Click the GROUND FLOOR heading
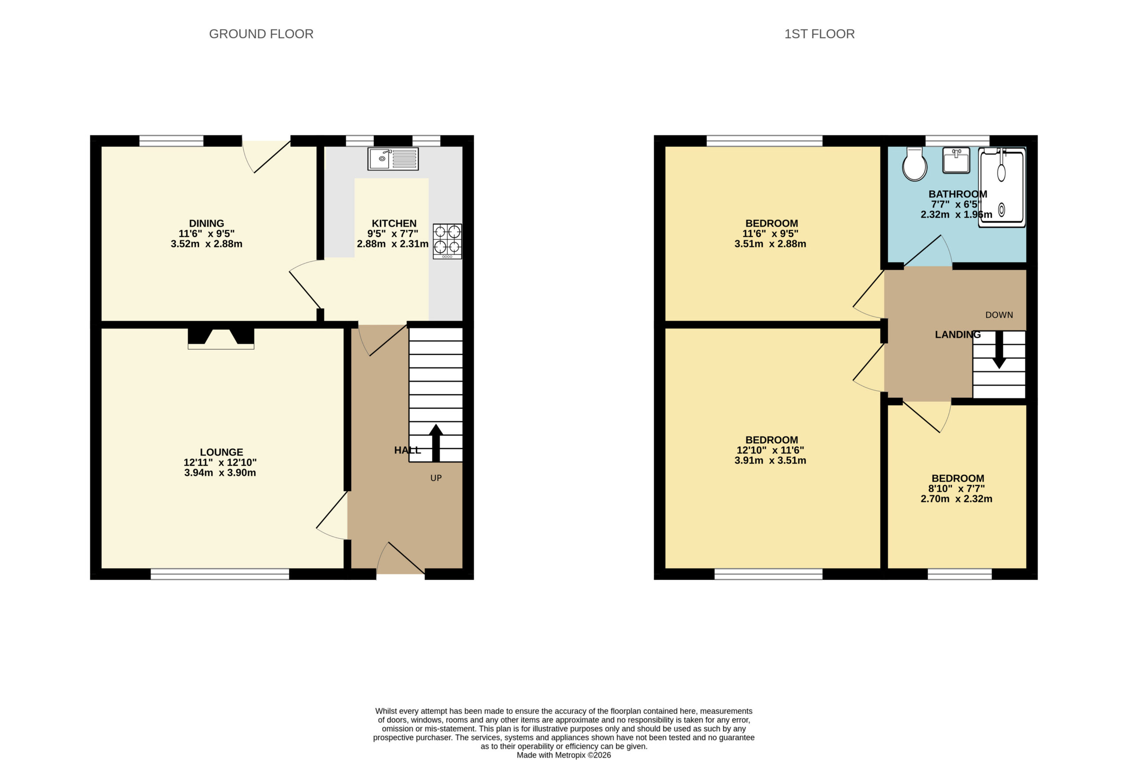click(x=261, y=34)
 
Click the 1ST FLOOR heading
click(x=819, y=34)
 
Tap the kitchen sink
click(x=393, y=159)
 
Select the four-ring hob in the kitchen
click(x=447, y=241)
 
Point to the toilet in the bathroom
click(x=914, y=164)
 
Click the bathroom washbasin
click(x=956, y=160)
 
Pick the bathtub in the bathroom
click(x=1002, y=188)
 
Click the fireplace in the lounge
click(x=221, y=338)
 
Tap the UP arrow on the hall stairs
click(x=436, y=442)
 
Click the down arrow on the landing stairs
click(x=999, y=349)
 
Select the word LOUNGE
click(x=222, y=452)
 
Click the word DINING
click(x=207, y=223)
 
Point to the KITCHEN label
click(x=394, y=223)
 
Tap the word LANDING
click(x=957, y=334)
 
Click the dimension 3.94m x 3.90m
click(x=220, y=473)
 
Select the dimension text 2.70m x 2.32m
click(x=957, y=499)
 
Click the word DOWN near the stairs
click(x=999, y=315)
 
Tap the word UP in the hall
click(x=436, y=478)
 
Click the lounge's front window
click(x=220, y=574)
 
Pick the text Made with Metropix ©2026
click(x=564, y=755)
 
